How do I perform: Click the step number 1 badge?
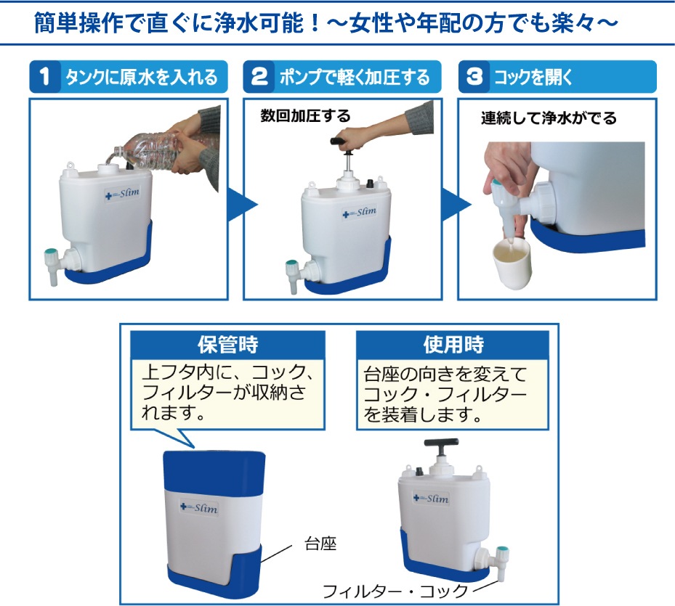tap(45, 77)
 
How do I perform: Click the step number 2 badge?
tap(259, 77)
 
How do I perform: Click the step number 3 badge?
tap(474, 77)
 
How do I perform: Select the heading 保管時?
tap(227, 345)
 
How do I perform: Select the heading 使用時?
tap(453, 345)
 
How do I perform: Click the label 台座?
tap(320, 544)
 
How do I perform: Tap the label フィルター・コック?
tap(395, 591)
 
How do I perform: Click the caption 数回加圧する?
tap(305, 115)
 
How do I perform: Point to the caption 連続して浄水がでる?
tap(549, 118)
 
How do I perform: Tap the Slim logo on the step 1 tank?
tap(122, 194)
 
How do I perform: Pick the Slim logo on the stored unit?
tap(199, 508)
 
